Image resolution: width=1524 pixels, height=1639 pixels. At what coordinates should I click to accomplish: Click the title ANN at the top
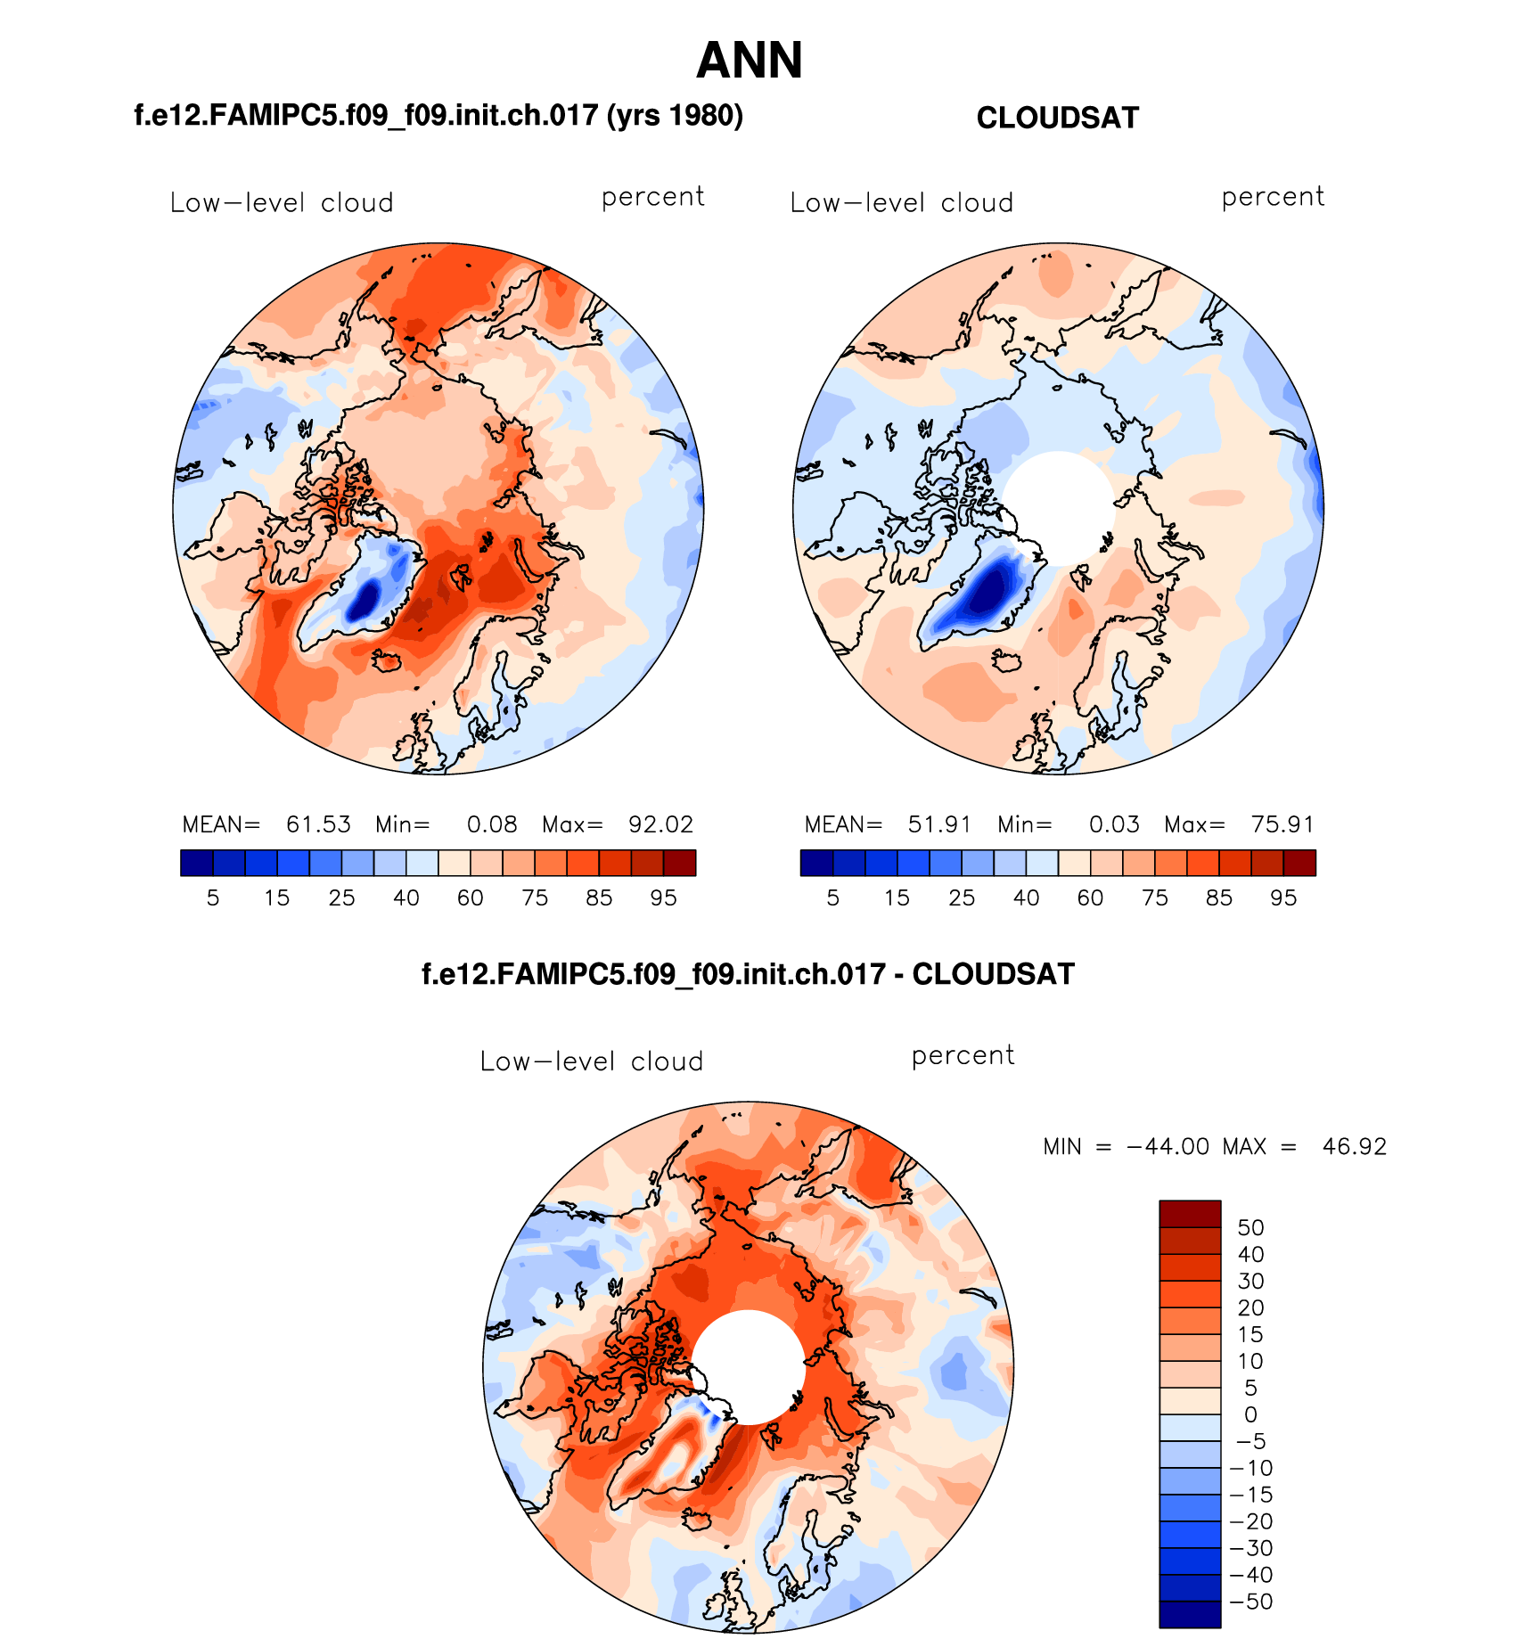750,61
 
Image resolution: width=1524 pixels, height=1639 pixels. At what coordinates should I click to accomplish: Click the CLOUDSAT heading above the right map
1057,119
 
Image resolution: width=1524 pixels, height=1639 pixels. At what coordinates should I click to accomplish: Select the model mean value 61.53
318,824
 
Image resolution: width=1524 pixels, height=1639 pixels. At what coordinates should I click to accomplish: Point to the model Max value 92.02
660,824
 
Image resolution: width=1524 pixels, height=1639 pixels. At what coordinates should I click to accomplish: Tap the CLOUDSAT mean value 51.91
939,824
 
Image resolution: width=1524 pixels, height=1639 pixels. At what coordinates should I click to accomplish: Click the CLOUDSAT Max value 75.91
1282,824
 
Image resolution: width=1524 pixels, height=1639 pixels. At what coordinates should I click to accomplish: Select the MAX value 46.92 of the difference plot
1355,1147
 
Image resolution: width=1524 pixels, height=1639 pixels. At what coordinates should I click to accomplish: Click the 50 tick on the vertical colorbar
1250,1228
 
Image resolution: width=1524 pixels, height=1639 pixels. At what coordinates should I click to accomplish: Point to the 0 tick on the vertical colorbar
1250,1414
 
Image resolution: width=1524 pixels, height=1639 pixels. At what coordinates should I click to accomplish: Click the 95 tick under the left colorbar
663,898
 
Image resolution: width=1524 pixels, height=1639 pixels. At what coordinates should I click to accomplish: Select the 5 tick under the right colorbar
832,898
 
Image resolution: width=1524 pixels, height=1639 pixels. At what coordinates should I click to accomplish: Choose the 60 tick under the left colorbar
470,898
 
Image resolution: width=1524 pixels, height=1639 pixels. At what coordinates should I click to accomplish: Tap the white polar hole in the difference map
749,1366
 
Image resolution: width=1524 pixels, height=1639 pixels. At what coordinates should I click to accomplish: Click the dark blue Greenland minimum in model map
364,599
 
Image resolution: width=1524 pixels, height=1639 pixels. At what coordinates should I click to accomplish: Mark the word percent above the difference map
963,1056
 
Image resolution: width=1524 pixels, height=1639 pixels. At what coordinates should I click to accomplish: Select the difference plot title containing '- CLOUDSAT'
748,974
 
